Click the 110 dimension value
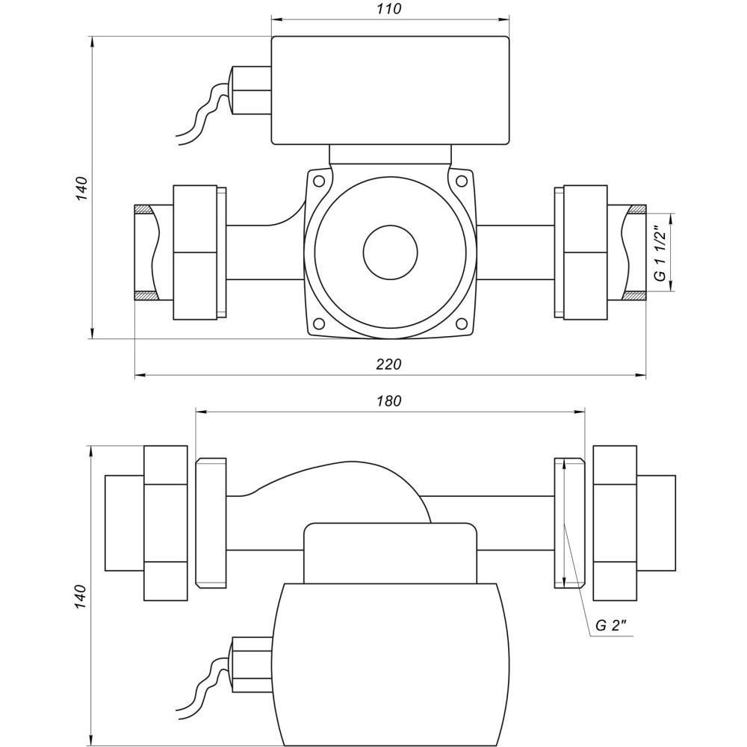390,9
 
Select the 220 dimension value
389,365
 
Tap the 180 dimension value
389,401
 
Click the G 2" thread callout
610,626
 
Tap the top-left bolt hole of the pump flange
319,181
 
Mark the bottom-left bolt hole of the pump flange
319,324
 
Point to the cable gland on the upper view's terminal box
251,90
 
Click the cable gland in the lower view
252,663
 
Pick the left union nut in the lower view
165,523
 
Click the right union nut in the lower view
614,523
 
